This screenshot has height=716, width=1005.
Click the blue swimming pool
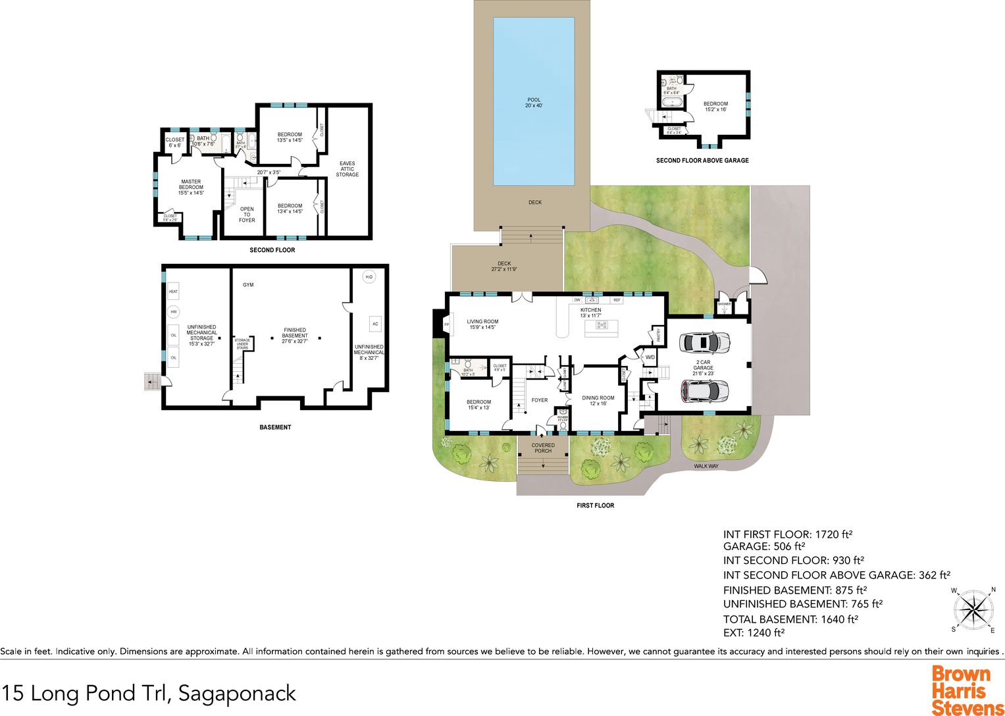(534, 102)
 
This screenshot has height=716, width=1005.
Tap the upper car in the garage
(704, 342)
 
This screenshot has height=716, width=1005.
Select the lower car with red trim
(704, 391)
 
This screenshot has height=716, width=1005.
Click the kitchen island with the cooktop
(603, 325)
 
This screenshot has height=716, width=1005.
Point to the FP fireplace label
(447, 325)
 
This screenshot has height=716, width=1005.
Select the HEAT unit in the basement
(173, 292)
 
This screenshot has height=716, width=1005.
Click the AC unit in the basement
(375, 324)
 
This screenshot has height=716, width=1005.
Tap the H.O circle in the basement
(369, 277)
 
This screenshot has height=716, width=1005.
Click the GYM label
(248, 285)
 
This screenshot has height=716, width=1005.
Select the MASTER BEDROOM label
(191, 188)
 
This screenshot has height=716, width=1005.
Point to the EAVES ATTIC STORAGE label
(347, 169)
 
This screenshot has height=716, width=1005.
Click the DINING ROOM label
(598, 398)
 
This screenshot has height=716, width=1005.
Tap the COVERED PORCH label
(543, 448)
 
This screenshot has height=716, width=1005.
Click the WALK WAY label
(706, 466)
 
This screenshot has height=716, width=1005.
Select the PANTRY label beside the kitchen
(658, 335)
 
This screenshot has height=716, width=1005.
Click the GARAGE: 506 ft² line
(764, 546)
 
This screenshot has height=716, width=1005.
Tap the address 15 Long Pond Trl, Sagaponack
(149, 693)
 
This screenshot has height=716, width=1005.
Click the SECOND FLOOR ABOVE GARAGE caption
(702, 161)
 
